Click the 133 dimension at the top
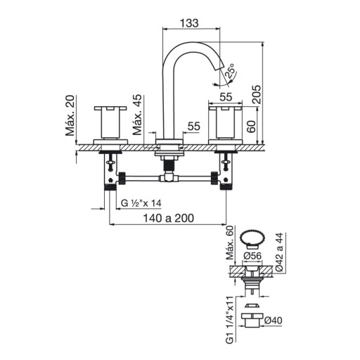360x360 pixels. [x=189, y=23]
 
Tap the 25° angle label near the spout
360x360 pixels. [x=230, y=70]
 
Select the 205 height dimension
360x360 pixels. [x=257, y=94]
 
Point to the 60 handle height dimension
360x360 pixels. [x=251, y=127]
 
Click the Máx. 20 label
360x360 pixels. [x=70, y=115]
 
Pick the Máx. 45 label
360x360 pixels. [x=137, y=115]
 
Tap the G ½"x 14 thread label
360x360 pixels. [x=141, y=203]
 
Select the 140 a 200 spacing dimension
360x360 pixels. [x=169, y=218]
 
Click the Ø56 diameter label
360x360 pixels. [x=252, y=256]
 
